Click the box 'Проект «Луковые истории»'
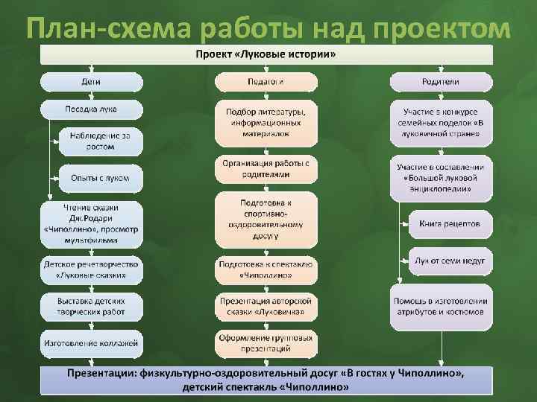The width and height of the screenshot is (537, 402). tap(266, 54)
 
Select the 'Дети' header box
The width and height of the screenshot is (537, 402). tap(92, 81)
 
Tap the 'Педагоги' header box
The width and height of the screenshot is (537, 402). tap(266, 81)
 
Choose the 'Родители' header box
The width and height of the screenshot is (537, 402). tap(441, 81)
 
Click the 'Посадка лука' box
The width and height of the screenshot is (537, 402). tap(92, 109)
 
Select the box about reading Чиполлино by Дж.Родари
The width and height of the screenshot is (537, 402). tap(92, 224)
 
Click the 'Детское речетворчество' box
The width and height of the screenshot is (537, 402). tap(92, 269)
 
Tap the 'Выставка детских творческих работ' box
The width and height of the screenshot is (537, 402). tap(92, 305)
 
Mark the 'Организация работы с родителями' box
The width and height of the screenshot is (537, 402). tap(266, 168)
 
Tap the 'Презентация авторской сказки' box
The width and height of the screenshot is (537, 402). tap(266, 305)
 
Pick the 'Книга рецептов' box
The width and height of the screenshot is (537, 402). tap(450, 223)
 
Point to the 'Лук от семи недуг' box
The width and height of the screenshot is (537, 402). tap(450, 261)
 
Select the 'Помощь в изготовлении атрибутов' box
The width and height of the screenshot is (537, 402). tap(441, 305)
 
